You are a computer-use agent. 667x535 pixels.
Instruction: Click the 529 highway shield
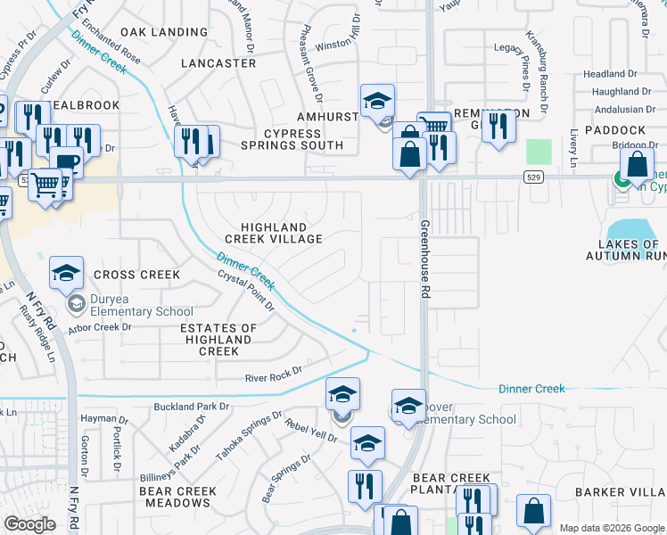point(533,178)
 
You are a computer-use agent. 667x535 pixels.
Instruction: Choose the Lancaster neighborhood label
point(218,63)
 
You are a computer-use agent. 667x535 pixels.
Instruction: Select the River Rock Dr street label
point(274,374)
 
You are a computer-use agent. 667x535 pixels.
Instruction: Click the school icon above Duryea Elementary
point(66,273)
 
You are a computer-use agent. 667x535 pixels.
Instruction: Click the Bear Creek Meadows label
point(177,498)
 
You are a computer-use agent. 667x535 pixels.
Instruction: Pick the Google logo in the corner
point(29,524)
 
